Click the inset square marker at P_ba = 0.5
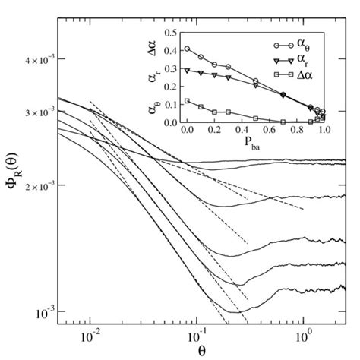pos(255,118)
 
